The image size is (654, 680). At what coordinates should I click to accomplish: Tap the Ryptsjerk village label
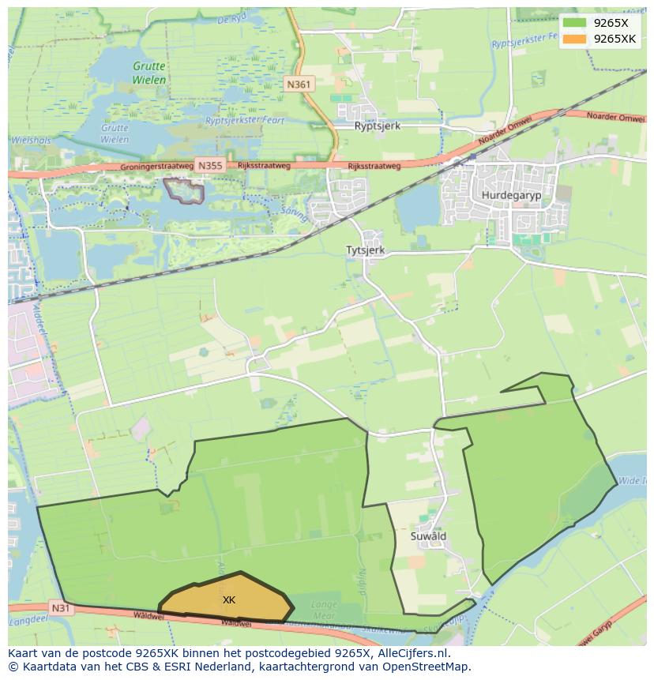click(378, 126)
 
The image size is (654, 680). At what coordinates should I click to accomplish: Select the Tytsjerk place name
click(364, 250)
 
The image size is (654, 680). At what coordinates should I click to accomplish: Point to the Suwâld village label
click(428, 535)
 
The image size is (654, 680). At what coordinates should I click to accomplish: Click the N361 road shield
click(299, 85)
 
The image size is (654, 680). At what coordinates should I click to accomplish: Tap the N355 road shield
click(210, 166)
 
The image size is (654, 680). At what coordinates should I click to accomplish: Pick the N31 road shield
click(61, 607)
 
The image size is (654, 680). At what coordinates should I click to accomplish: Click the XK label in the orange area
click(229, 600)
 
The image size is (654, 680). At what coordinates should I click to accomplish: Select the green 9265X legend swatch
click(575, 23)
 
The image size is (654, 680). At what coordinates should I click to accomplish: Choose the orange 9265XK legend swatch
click(575, 39)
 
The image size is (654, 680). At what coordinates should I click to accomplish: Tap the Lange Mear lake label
click(324, 610)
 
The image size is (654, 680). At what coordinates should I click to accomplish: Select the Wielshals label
click(30, 140)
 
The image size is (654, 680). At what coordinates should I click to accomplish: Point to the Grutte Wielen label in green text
click(149, 73)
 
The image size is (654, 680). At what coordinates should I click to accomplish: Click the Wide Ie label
click(632, 479)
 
